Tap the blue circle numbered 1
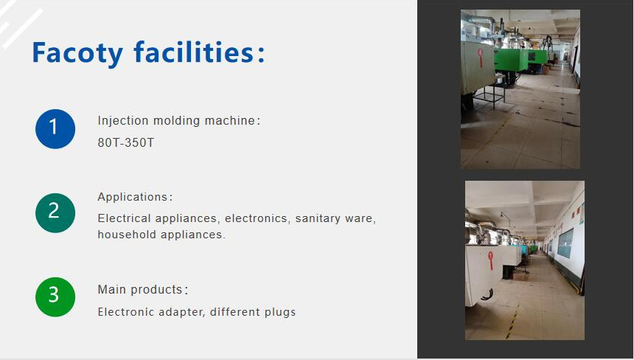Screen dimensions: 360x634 pyautogui.click(x=55, y=128)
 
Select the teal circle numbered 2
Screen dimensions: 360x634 pyautogui.click(x=55, y=212)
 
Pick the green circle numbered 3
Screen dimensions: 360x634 pyautogui.click(x=55, y=297)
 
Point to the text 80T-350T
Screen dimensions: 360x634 pyautogui.click(x=126, y=142)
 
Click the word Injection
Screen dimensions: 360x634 pyautogui.click(x=123, y=120)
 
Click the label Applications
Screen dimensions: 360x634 pyautogui.click(x=133, y=197)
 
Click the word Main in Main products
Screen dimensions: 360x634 pyautogui.click(x=112, y=289)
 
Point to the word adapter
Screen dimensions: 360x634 pyautogui.click(x=181, y=312)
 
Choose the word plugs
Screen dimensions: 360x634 pyautogui.click(x=279, y=312)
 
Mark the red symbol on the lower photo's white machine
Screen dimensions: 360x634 pyautogui.click(x=490, y=260)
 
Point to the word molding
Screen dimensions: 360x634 pyautogui.click(x=175, y=120)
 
